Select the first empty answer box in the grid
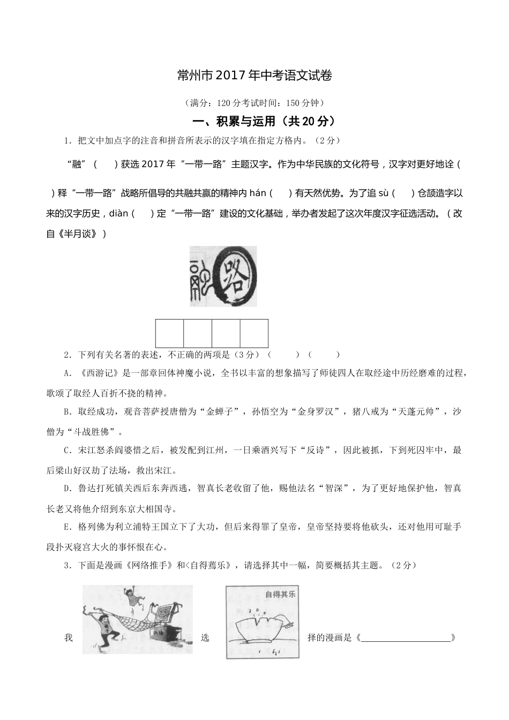click(169, 333)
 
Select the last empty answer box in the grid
click(254, 333)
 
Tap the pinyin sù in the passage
click(383, 193)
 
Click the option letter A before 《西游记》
click(67, 373)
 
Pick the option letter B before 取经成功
click(67, 412)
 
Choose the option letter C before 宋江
click(67, 451)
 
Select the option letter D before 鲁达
click(67, 489)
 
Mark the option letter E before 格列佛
click(67, 527)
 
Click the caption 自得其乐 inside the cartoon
click(280, 594)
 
